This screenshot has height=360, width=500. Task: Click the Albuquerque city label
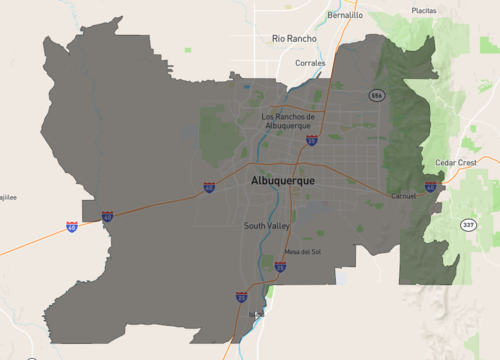click(x=283, y=180)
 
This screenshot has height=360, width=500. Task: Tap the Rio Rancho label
click(x=294, y=39)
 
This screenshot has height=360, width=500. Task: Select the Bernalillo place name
click(x=345, y=16)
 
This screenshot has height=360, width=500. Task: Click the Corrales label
click(x=310, y=63)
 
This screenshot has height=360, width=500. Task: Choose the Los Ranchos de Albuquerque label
click(x=288, y=121)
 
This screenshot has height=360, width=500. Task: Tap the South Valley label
click(x=267, y=226)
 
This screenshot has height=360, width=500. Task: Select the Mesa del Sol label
click(x=305, y=251)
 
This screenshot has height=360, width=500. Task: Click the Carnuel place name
click(x=404, y=196)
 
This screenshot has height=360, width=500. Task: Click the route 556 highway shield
click(x=376, y=95)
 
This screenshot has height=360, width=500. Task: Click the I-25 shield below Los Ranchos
click(x=312, y=142)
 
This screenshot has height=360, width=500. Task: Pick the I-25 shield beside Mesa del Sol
click(x=280, y=266)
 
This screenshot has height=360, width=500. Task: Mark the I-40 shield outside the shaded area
click(x=72, y=228)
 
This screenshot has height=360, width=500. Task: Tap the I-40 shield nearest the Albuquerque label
click(x=209, y=187)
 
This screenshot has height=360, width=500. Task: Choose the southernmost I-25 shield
click(x=241, y=297)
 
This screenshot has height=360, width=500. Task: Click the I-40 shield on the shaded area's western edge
click(x=107, y=216)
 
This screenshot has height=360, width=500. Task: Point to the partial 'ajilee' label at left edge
click(x=8, y=198)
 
